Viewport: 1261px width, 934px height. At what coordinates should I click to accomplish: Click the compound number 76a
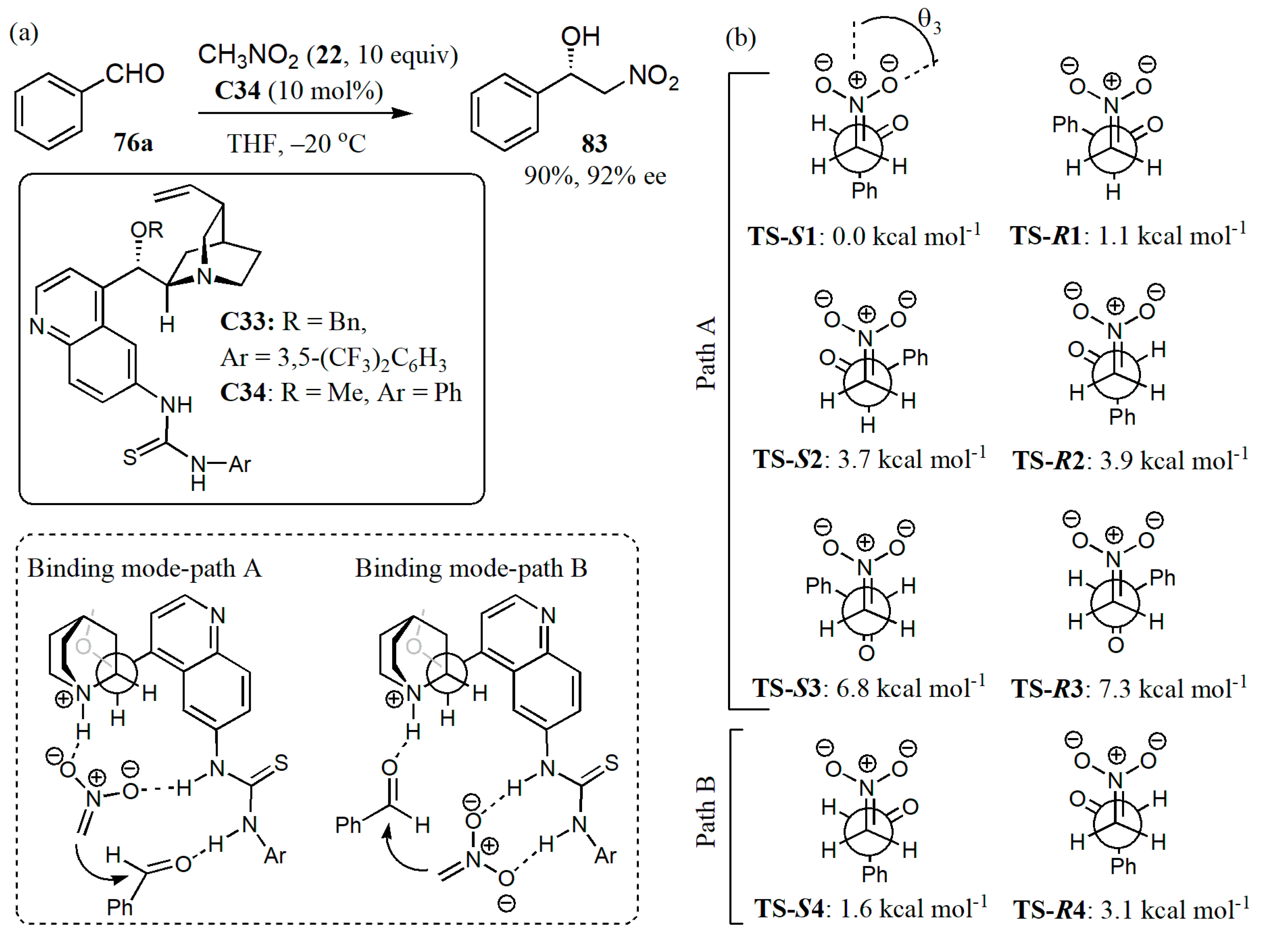pos(134,142)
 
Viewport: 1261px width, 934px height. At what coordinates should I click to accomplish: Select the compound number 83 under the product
pos(594,144)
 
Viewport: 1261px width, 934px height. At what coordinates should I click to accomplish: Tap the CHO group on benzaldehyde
pos(135,74)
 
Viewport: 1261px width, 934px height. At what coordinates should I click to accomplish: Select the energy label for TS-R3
pos(1129,688)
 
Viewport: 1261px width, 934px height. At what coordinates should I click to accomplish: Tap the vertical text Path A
pos(706,353)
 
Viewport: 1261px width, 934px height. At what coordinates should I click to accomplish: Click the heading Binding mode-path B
pos(471,568)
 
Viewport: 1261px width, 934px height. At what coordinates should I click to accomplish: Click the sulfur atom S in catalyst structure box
pos(129,457)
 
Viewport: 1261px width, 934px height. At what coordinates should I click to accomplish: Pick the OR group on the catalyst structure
pos(147,230)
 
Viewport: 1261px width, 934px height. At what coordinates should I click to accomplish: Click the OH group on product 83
pos(580,37)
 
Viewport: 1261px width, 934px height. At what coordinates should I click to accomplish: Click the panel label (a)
pos(24,33)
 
